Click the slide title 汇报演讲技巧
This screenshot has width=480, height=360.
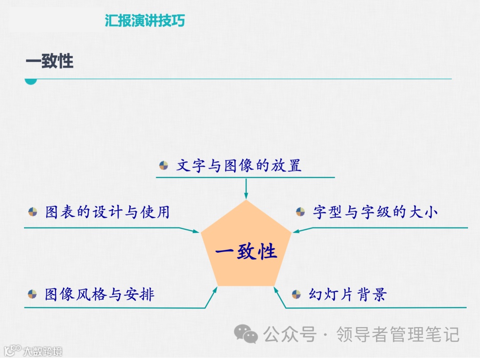click(144, 20)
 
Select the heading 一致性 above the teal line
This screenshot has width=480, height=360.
click(49, 61)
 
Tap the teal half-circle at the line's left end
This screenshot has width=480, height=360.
click(30, 81)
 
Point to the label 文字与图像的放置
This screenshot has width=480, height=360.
click(239, 166)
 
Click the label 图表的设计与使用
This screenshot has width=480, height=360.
click(107, 212)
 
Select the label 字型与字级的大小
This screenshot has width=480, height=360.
click(375, 212)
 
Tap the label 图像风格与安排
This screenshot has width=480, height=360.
click(100, 294)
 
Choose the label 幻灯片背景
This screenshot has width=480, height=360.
click(348, 294)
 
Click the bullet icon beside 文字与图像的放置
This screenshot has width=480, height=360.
click(164, 166)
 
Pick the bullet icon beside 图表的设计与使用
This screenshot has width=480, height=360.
click(32, 212)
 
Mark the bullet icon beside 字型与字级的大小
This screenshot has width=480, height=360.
click(300, 212)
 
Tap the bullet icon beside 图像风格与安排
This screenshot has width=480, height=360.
click(32, 294)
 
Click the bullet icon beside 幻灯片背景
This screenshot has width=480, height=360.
click(296, 294)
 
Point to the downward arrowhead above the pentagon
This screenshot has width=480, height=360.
click(246, 196)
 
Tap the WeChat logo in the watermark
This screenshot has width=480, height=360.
click(246, 334)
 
